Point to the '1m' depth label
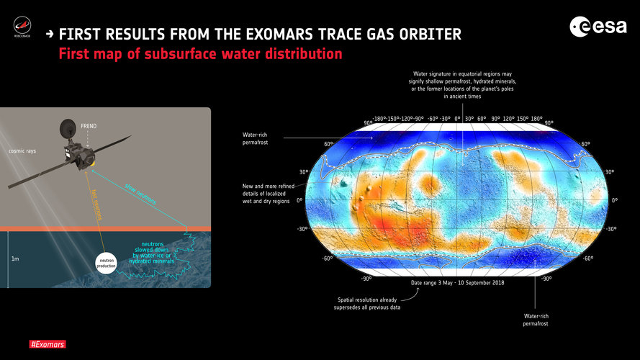(15, 257)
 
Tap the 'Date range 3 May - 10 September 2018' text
(458, 284)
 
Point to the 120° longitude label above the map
(510, 119)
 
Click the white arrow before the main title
(49, 35)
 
